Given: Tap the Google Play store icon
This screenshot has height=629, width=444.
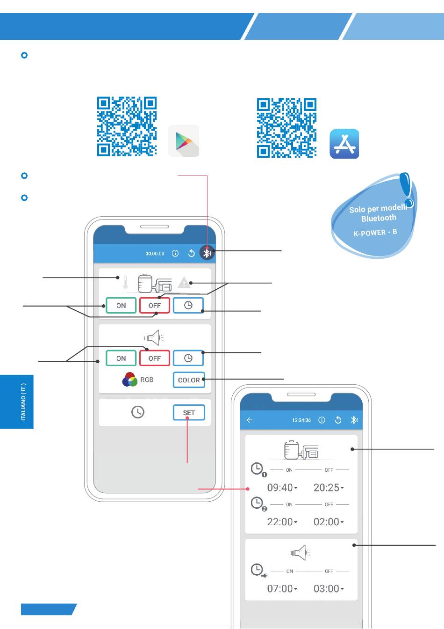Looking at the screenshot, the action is coord(184,141).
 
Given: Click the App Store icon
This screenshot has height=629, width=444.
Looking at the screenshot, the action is coord(344,144).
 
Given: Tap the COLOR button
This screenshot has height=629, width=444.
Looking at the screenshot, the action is coord(189,380).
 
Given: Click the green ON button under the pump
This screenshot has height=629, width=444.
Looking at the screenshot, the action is coord(121,306).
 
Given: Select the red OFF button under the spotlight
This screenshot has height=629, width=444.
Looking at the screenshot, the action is coord(155,358).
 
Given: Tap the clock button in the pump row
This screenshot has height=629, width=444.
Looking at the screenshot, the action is coord(188,306).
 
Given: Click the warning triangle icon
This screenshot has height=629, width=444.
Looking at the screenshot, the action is coord(184,283).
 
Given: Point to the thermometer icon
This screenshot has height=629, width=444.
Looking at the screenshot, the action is coord(125,282).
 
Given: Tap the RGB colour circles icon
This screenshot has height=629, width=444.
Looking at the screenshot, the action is coord(129,380).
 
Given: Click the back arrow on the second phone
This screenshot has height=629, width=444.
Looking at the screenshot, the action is coord(250,420).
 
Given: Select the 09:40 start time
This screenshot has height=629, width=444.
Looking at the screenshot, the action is coord(282,488).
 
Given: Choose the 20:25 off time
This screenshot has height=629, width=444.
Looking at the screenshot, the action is coord(328,488).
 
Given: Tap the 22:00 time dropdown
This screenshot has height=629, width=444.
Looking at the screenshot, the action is coord(282,522).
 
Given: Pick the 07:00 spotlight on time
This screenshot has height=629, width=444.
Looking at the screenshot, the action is coord(282,589).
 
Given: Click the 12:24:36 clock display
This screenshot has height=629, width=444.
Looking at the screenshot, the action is coord(301,420).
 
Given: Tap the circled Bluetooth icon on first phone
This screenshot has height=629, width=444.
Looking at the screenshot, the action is coord(207,253).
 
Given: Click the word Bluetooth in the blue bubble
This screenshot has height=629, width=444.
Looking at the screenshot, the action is coord(379,219).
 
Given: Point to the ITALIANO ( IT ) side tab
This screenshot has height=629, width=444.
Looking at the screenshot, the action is coord(23,402).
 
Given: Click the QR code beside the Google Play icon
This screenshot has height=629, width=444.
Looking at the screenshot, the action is coord(127,126).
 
